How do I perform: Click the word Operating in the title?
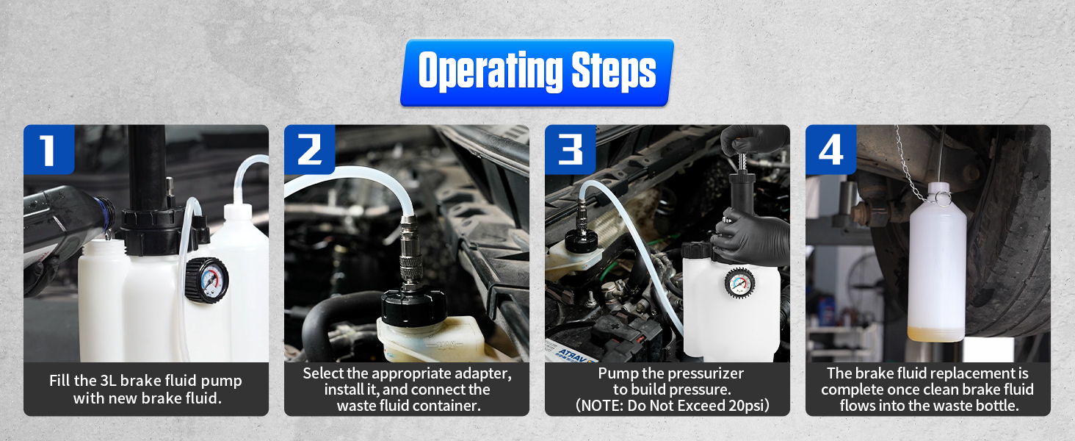point(485,71)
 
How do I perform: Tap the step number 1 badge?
point(48,149)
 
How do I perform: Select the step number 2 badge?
point(309,149)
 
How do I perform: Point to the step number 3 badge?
point(571,149)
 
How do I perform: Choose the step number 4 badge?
point(830,149)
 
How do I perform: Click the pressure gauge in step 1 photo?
point(206,280)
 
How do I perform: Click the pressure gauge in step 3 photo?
point(740,283)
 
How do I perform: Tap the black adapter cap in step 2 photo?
point(413,306)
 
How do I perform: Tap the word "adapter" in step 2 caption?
point(479,373)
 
